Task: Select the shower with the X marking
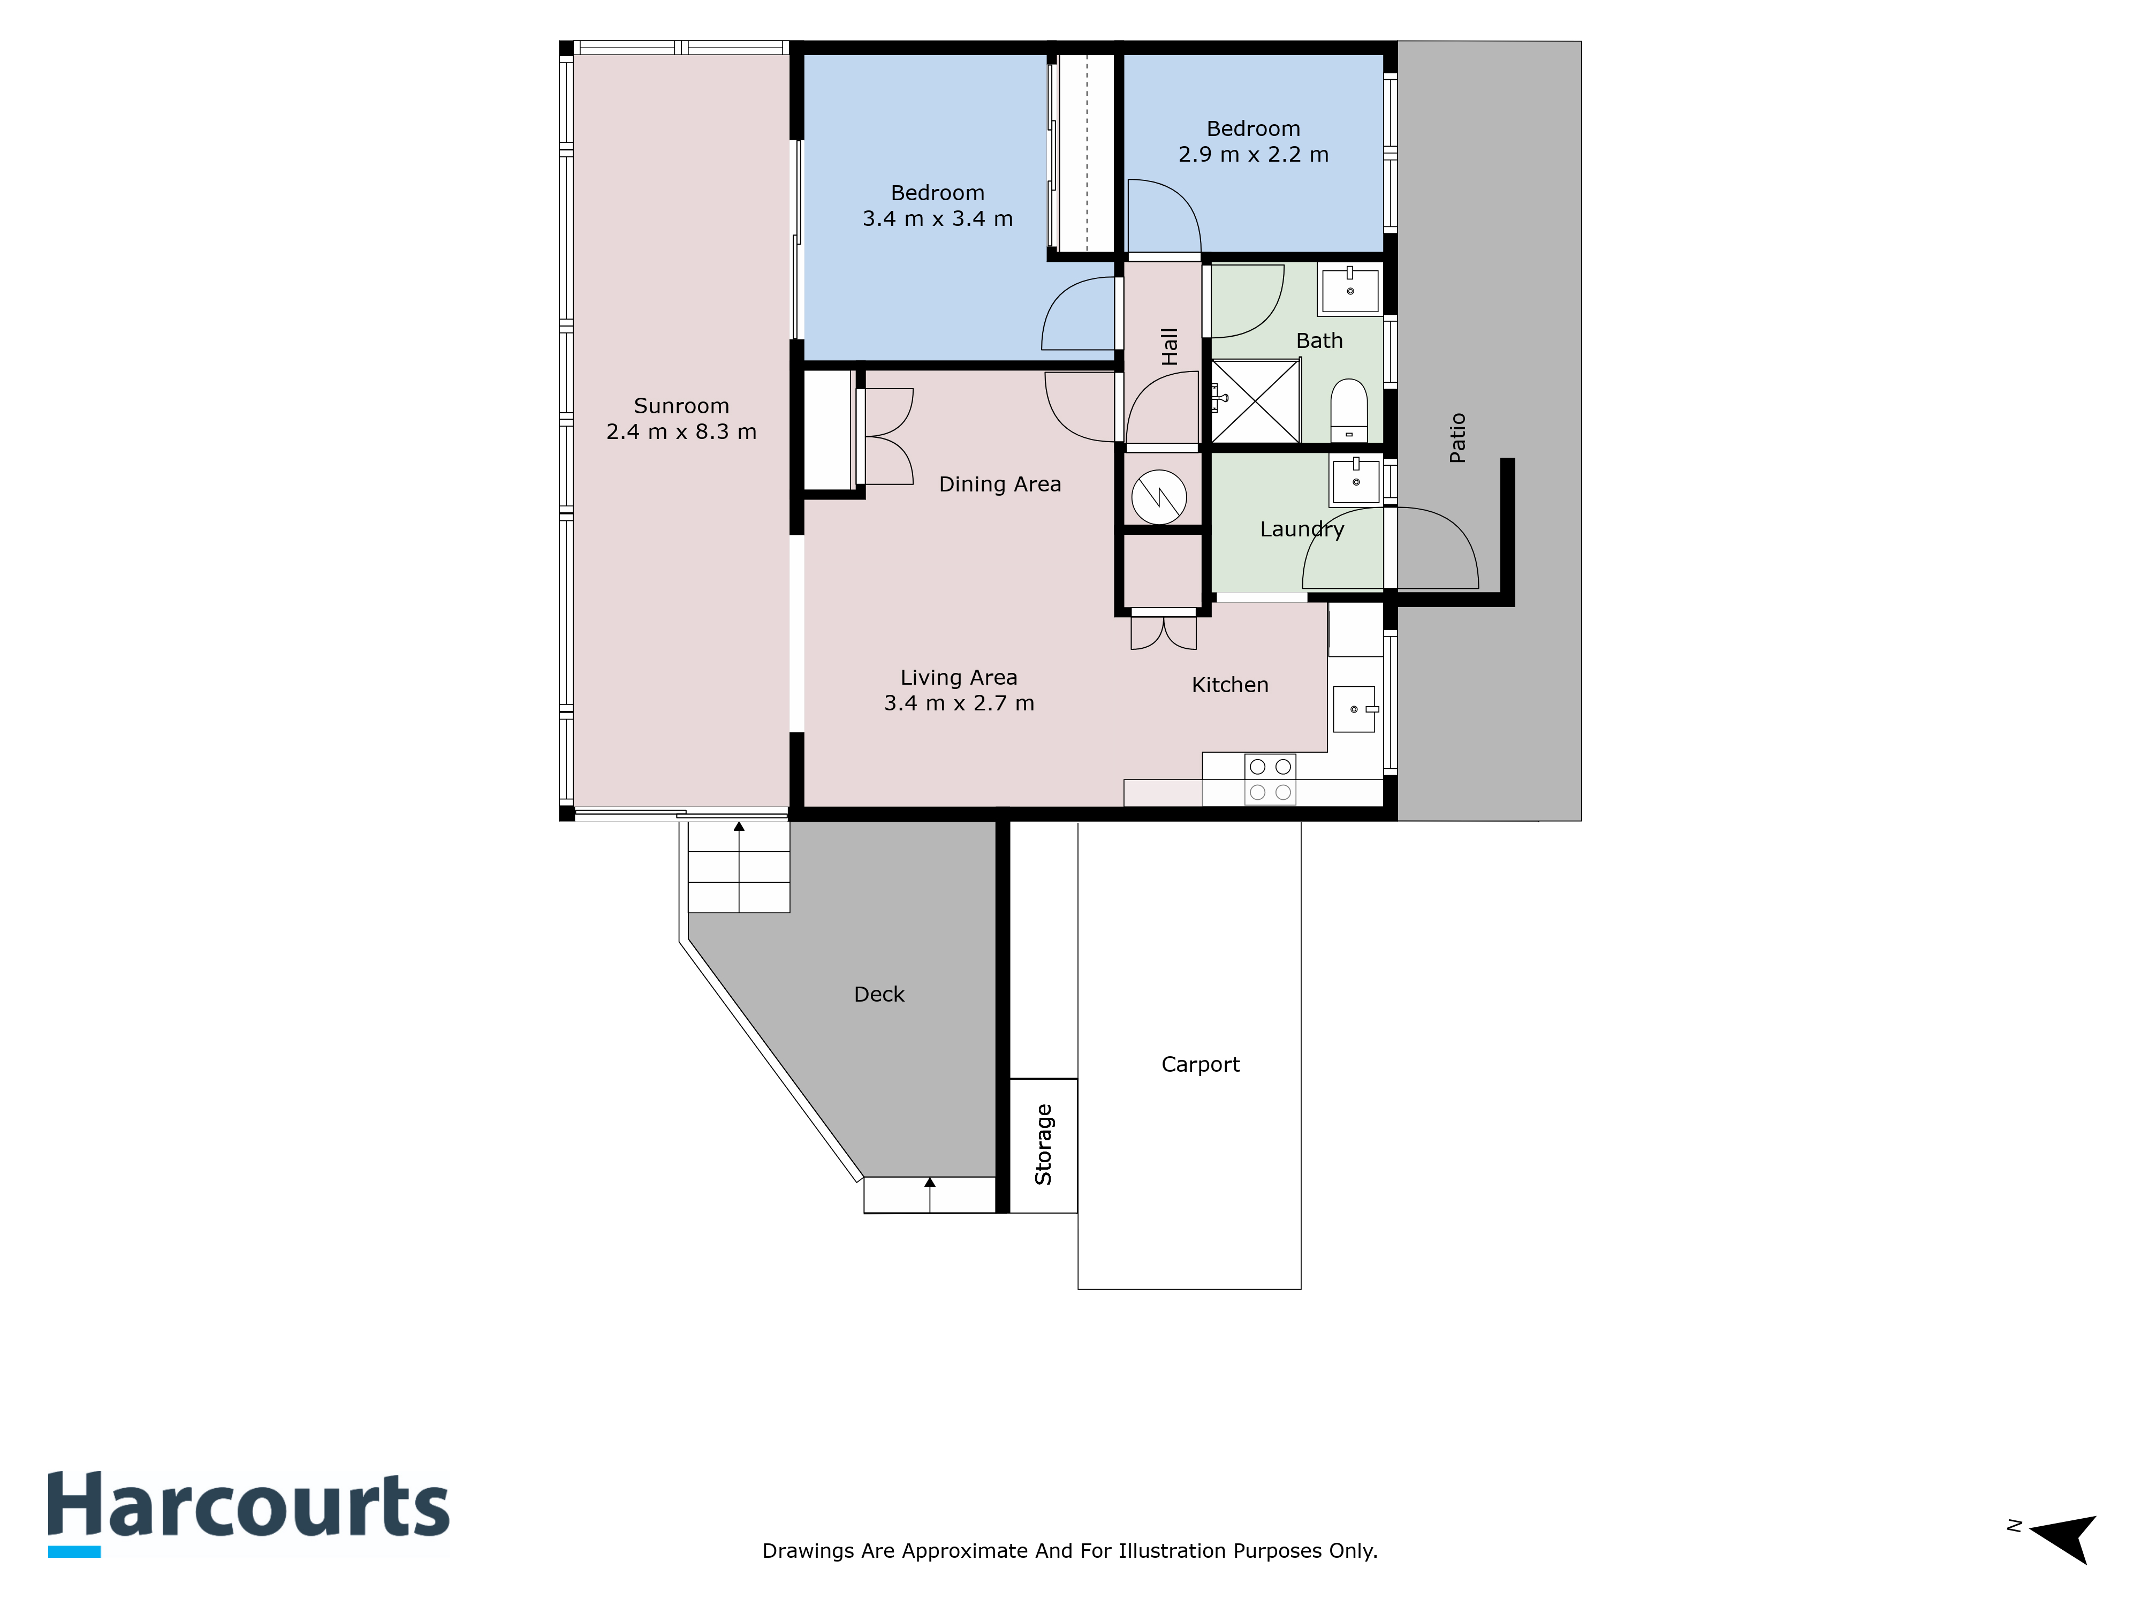tap(1255, 401)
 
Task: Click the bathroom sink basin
tap(1350, 290)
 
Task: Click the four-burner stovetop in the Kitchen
tap(1270, 779)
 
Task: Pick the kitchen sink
tap(1353, 709)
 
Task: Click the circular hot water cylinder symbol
tap(1159, 497)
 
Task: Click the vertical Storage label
tap(1043, 1144)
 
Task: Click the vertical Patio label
tap(1457, 437)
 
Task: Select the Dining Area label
tap(1000, 484)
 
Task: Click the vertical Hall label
tap(1169, 346)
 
